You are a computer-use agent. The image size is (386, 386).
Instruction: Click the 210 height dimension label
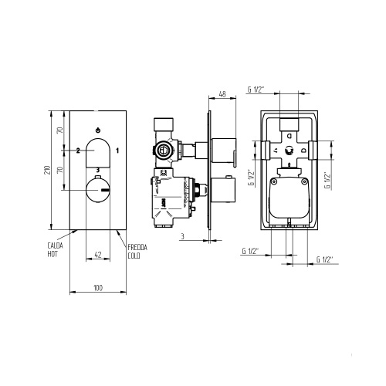[x=47, y=170]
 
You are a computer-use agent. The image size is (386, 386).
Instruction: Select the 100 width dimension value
[x=98, y=288]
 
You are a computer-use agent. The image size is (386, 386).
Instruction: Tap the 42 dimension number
[x=98, y=255]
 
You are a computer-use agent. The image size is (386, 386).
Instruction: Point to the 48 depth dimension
[x=222, y=94]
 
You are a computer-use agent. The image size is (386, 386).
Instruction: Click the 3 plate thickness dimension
[x=182, y=236]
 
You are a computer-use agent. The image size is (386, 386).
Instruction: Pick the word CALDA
[x=55, y=245]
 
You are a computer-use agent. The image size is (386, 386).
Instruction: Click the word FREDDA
[x=137, y=247]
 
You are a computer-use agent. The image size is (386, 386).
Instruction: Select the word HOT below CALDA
[x=52, y=254]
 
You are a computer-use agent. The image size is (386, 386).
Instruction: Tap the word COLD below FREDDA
[x=134, y=256]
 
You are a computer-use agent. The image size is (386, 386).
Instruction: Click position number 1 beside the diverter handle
[x=117, y=151]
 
